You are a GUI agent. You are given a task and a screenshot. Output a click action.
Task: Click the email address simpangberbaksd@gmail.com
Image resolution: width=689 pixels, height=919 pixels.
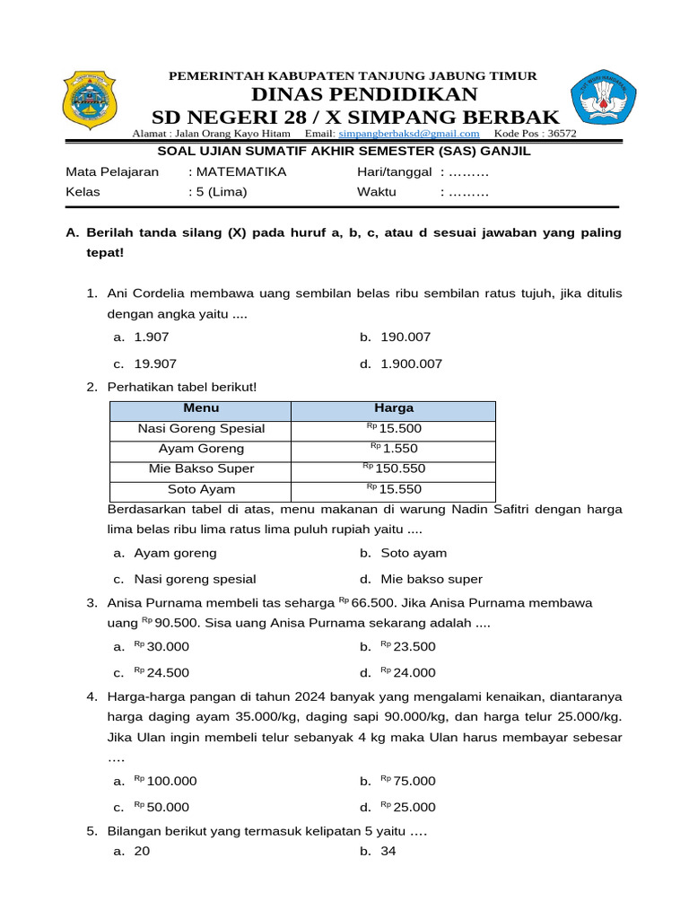click(405, 134)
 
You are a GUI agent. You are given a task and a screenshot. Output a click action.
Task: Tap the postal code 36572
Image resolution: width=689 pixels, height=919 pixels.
click(562, 134)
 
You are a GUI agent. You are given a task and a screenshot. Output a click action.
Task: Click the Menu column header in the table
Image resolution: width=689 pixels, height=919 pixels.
click(200, 408)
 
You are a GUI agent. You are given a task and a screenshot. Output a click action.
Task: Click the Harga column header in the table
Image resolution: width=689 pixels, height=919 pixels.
click(393, 408)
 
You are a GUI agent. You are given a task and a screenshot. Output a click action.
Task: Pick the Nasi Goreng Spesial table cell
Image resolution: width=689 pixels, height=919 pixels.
click(200, 429)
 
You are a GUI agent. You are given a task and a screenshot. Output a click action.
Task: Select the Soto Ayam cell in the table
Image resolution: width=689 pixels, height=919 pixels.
click(200, 489)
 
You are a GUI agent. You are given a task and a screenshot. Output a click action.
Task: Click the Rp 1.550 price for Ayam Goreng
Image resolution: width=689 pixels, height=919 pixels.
click(394, 449)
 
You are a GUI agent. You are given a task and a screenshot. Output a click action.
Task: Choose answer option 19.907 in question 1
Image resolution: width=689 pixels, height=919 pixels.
click(155, 363)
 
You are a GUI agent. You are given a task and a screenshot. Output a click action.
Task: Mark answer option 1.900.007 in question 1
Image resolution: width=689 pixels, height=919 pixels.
click(411, 363)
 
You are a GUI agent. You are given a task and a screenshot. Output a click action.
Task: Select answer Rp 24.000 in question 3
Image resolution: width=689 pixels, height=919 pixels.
click(408, 672)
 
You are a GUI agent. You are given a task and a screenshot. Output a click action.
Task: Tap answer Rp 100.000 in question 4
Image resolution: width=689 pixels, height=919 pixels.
click(165, 781)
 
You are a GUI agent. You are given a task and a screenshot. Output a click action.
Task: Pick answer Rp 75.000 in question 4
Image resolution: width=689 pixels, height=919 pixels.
click(408, 781)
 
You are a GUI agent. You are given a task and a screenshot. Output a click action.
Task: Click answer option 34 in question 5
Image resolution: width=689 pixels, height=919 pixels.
click(388, 851)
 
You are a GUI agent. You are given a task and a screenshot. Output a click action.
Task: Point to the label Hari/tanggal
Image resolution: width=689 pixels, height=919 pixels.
click(394, 171)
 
